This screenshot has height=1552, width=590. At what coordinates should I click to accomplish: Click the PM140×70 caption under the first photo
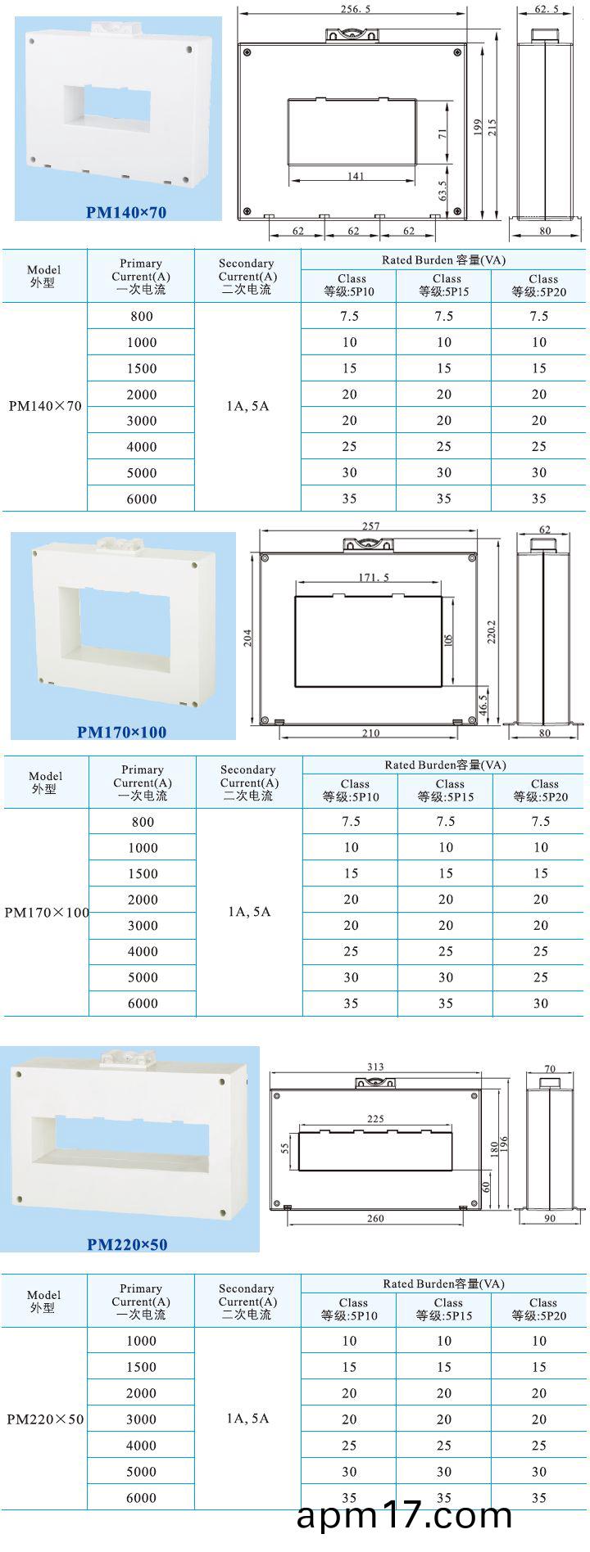[126, 213]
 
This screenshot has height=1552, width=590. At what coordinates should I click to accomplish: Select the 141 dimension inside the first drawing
[356, 176]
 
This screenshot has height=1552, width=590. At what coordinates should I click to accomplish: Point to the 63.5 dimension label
[442, 191]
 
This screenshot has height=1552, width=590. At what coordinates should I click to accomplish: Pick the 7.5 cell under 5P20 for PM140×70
[538, 316]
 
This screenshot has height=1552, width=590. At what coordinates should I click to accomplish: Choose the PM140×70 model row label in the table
[45, 406]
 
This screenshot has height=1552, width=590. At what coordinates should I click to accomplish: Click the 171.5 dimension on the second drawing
[374, 577]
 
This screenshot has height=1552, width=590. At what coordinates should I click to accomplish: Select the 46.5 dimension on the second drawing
[483, 703]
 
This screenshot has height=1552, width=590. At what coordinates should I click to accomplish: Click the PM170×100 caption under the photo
[121, 732]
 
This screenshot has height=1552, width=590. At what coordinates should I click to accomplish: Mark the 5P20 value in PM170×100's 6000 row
[540, 1003]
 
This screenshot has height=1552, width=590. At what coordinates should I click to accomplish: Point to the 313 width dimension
[375, 1067]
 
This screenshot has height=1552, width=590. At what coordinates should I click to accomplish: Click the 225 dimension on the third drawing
[374, 1119]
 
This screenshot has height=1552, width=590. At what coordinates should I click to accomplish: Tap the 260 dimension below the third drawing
[375, 1218]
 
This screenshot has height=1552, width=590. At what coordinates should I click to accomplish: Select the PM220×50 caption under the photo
[127, 1244]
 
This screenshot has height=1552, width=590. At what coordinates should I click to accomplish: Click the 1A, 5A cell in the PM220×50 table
[247, 1419]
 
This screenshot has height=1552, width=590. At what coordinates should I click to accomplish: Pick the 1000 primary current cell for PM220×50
[141, 1341]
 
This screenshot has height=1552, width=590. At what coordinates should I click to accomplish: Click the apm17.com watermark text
[404, 1516]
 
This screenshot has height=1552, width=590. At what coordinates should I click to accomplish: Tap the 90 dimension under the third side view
[549, 1218]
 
